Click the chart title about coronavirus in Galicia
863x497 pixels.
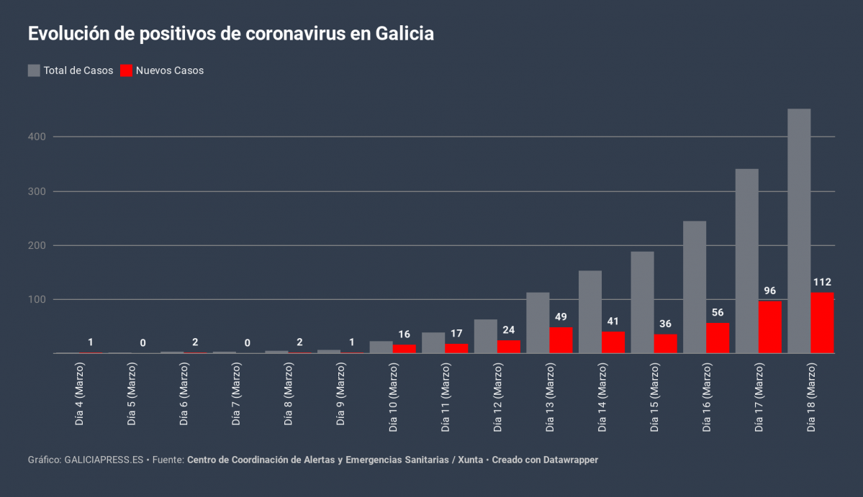click(230, 34)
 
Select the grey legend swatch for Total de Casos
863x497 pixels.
click(34, 70)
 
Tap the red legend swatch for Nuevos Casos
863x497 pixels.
click(127, 70)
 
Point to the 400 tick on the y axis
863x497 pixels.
click(37, 137)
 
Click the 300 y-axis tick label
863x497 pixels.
click(37, 191)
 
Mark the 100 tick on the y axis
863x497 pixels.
click(37, 299)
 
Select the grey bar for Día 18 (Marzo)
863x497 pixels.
click(799, 230)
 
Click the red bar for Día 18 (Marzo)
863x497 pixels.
click(822, 323)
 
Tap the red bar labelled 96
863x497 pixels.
click(769, 327)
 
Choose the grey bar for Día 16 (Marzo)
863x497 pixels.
click(694, 287)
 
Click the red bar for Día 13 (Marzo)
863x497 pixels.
click(561, 340)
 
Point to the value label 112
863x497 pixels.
click(822, 282)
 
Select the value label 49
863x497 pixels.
click(561, 317)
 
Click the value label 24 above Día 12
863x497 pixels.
click(509, 330)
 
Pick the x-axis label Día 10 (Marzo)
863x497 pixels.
click(393, 396)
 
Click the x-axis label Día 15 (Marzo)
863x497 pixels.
click(654, 396)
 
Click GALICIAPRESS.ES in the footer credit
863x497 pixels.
click(104, 460)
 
